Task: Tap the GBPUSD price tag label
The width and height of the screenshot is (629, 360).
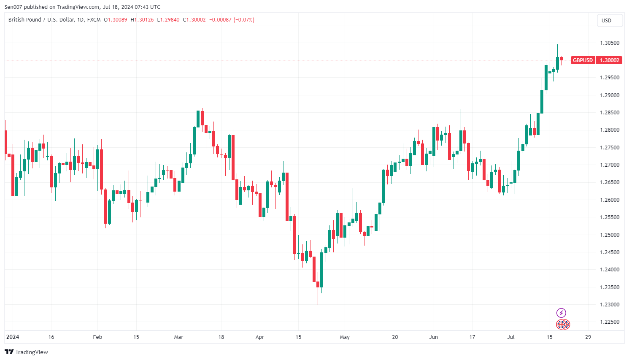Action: tap(582, 60)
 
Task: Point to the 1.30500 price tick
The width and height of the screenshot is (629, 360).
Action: tap(610, 43)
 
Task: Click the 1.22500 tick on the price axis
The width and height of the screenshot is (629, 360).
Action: tap(610, 322)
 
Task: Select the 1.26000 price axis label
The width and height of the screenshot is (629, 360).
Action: tap(610, 200)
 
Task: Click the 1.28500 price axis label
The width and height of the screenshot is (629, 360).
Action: tap(610, 113)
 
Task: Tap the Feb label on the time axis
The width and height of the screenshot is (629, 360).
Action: tap(97, 337)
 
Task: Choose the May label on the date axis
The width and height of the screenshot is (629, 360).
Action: tap(345, 337)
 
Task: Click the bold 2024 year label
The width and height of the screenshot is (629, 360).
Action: tap(13, 337)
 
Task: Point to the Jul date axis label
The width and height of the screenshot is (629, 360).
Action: tap(511, 337)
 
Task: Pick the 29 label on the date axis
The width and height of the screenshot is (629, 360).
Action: tap(588, 337)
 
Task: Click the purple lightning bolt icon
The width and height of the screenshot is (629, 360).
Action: tap(561, 313)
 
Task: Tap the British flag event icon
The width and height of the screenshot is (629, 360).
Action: tap(563, 325)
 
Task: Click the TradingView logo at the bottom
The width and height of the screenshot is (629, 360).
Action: tap(27, 352)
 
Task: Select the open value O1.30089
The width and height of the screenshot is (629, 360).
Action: tap(116, 20)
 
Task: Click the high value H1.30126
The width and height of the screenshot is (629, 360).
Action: tap(142, 20)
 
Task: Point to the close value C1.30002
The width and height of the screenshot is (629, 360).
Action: tap(194, 20)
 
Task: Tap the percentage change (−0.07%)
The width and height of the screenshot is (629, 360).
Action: tap(244, 20)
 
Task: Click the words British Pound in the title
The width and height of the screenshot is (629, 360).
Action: tap(25, 20)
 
